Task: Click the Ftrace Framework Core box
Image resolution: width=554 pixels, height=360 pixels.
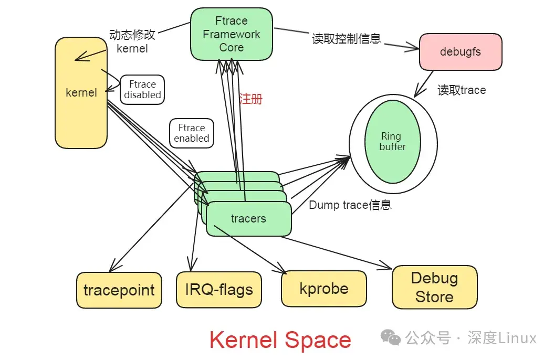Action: (231, 34)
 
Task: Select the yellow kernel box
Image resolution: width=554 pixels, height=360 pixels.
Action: (81, 93)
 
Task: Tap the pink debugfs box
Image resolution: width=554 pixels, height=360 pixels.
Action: (460, 52)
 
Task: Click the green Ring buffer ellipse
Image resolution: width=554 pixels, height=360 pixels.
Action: (392, 142)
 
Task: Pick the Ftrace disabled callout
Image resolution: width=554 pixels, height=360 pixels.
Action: (142, 89)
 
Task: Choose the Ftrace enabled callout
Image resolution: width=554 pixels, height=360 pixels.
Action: (192, 133)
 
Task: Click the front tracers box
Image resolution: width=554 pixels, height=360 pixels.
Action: (248, 218)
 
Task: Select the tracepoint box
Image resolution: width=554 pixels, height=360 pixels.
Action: (119, 290)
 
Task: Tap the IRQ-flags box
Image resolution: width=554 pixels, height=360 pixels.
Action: (219, 289)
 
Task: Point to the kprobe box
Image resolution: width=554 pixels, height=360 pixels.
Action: (323, 288)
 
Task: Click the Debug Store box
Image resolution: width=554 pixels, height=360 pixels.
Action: (434, 287)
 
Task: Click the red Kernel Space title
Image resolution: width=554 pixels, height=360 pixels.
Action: (280, 340)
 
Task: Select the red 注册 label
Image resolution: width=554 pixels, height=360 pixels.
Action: (250, 99)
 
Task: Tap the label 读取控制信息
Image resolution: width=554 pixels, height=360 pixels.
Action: (346, 39)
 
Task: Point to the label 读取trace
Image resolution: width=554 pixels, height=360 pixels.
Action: (462, 90)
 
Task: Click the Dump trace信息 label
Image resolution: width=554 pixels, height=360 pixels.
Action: (350, 205)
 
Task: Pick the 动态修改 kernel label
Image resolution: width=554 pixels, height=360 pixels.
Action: (132, 41)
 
